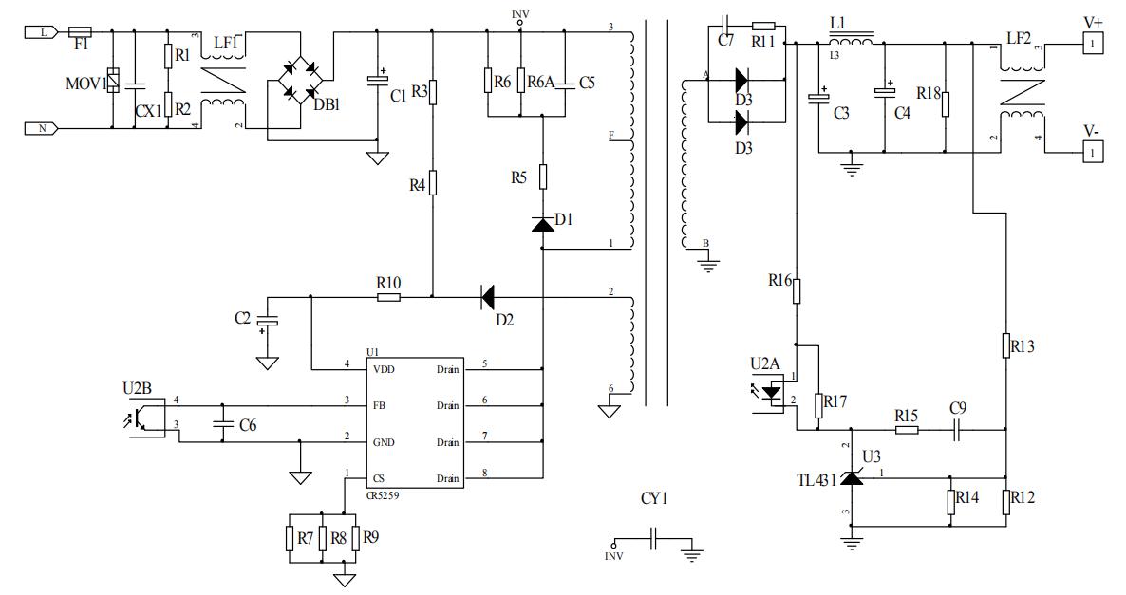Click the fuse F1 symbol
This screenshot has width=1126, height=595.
[81, 31]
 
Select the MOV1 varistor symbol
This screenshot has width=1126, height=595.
[113, 81]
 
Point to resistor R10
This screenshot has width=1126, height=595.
[387, 297]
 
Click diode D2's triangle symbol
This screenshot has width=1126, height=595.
[487, 297]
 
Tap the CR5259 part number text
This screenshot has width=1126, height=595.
[384, 494]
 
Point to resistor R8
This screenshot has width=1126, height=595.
[323, 538]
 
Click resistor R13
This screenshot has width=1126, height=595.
[1005, 345]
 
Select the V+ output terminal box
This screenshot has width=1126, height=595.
[1092, 43]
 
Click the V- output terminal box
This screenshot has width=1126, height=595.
[1092, 151]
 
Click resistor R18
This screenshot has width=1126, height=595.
[946, 102]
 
